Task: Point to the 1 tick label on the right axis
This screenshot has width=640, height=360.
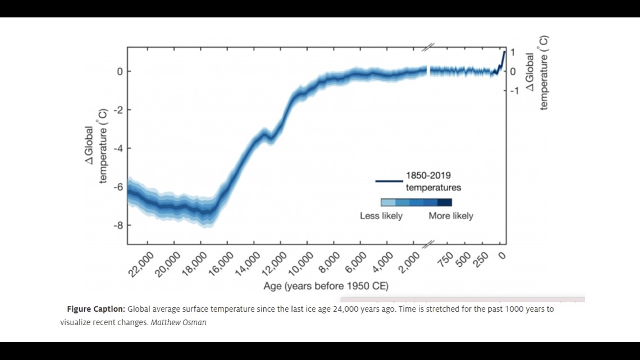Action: (x=512, y=52)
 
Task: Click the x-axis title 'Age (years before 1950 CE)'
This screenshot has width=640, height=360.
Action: (x=326, y=286)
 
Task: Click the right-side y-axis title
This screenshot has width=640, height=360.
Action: (x=537, y=74)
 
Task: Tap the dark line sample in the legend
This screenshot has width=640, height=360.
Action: (x=388, y=181)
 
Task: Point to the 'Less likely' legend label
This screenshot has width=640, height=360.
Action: (x=381, y=216)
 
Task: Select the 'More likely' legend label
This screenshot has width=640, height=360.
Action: (x=451, y=216)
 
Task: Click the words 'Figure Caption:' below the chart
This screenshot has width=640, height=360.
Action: (x=95, y=309)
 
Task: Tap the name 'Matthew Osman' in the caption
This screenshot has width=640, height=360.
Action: (x=179, y=322)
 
